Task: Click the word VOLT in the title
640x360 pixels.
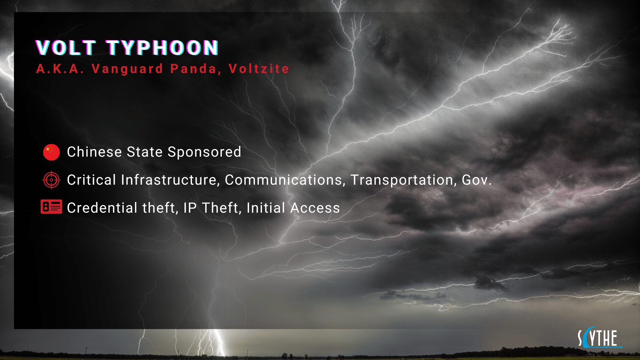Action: [x=66, y=48]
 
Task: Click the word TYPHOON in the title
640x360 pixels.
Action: [x=162, y=48]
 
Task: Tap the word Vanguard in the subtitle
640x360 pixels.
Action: [x=127, y=69]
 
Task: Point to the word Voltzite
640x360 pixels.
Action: [x=259, y=69]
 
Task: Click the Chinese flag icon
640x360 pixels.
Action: [x=51, y=152]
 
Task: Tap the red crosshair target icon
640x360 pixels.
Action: [x=51, y=180]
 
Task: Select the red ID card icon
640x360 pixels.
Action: [x=51, y=207]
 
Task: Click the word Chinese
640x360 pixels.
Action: [x=94, y=152]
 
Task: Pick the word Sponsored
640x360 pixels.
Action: [x=204, y=152]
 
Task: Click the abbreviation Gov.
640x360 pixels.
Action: [x=476, y=180]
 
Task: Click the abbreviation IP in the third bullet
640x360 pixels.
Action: [x=190, y=208]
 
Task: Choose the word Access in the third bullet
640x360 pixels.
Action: [x=315, y=208]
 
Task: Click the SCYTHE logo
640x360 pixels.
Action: [x=599, y=338]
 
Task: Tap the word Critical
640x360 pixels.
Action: [x=91, y=180]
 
